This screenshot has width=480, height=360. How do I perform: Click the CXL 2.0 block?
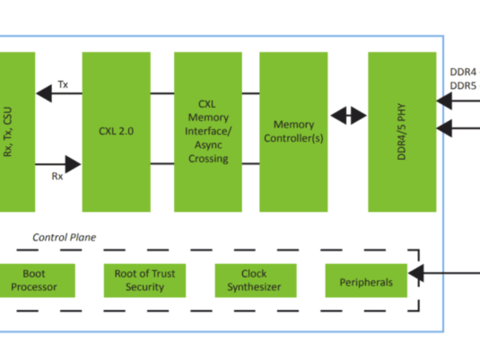pos(116,131)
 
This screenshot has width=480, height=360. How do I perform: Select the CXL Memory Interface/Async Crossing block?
pos(208,131)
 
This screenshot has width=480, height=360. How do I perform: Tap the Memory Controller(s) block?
pos(293,131)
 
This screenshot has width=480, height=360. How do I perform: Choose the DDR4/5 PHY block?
pos(402,131)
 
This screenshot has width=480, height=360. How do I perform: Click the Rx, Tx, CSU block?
pos(17,131)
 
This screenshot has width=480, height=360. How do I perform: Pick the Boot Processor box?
pos(34,280)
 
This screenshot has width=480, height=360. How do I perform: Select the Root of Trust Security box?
pos(145,280)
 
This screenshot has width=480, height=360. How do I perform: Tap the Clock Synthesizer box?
pos(254,280)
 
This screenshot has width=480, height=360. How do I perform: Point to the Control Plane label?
pos(64,238)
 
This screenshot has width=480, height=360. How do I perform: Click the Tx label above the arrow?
pos(62,85)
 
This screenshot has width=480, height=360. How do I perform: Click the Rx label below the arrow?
pos(58,176)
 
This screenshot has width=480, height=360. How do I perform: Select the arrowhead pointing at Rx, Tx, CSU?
pos(43,94)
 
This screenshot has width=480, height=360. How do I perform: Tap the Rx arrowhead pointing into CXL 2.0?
pos(73,163)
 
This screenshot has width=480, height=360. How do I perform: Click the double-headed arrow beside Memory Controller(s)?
pos(348,115)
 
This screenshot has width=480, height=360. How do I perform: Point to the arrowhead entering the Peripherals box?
pos(415,274)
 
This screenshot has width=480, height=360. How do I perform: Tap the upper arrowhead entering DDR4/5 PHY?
pos(445,101)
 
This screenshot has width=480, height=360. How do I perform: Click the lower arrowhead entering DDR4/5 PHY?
pos(445,127)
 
